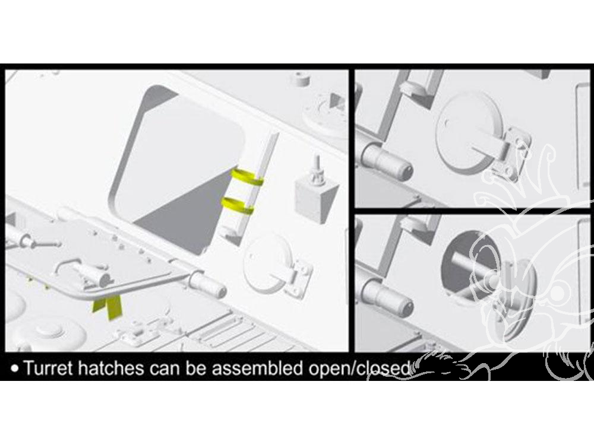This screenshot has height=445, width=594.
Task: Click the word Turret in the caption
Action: (46, 368)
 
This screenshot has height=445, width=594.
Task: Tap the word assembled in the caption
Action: (261, 368)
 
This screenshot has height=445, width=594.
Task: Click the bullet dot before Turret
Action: (15, 368)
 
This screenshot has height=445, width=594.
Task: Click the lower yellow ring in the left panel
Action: (238, 205)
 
